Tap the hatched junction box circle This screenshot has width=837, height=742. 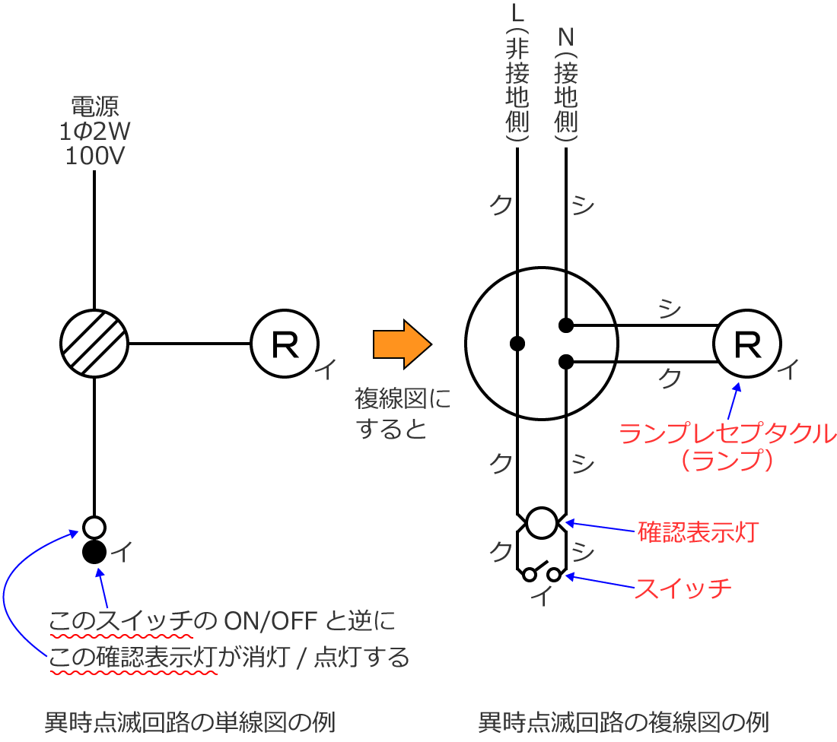[x=94, y=343]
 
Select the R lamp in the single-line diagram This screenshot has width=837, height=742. [x=285, y=344]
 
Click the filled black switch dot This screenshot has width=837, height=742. [x=94, y=551]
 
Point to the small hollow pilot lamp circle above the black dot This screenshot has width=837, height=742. [x=94, y=527]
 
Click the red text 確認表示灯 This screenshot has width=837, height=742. [x=698, y=531]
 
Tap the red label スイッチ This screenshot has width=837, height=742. [x=683, y=588]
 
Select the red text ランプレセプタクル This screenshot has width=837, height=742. [x=727, y=434]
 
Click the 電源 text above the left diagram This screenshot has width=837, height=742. [x=95, y=106]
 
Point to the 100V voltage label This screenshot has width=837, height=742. [x=95, y=157]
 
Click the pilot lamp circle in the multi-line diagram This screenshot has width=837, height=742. [x=542, y=522]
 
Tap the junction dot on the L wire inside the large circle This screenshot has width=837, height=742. [x=517, y=343]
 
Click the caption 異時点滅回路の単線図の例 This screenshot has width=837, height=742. [x=190, y=721]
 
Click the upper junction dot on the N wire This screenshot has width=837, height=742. [x=565, y=325]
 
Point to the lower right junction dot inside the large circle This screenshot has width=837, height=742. [x=565, y=361]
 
